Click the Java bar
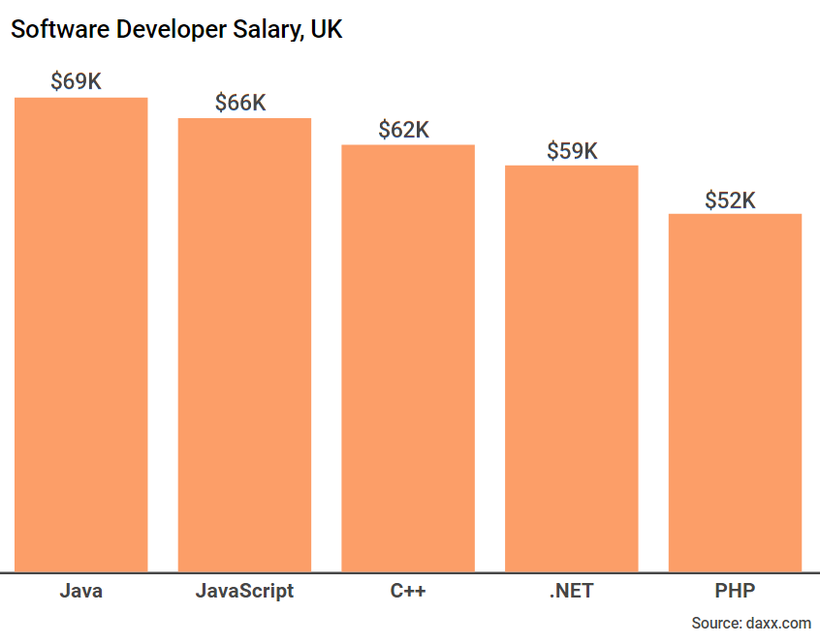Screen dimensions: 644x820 [x=80, y=334]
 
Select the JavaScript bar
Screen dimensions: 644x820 [x=244, y=345]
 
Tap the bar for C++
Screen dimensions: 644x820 [x=408, y=358]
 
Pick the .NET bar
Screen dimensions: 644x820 [x=572, y=368]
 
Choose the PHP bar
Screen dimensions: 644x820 [x=735, y=392]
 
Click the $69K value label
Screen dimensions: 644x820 [x=76, y=81]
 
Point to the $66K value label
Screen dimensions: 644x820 [x=240, y=103]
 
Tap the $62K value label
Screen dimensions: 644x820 [x=404, y=130]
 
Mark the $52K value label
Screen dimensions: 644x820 [x=730, y=200]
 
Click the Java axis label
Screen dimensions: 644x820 [x=80, y=591]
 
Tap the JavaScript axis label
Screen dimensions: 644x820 [x=244, y=591]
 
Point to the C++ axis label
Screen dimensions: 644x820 [x=408, y=591]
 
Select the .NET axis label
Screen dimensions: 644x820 [x=572, y=591]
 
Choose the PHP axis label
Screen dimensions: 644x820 [x=735, y=591]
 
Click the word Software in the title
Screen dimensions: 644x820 [x=60, y=30]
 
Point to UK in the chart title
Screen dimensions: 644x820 [x=327, y=30]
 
